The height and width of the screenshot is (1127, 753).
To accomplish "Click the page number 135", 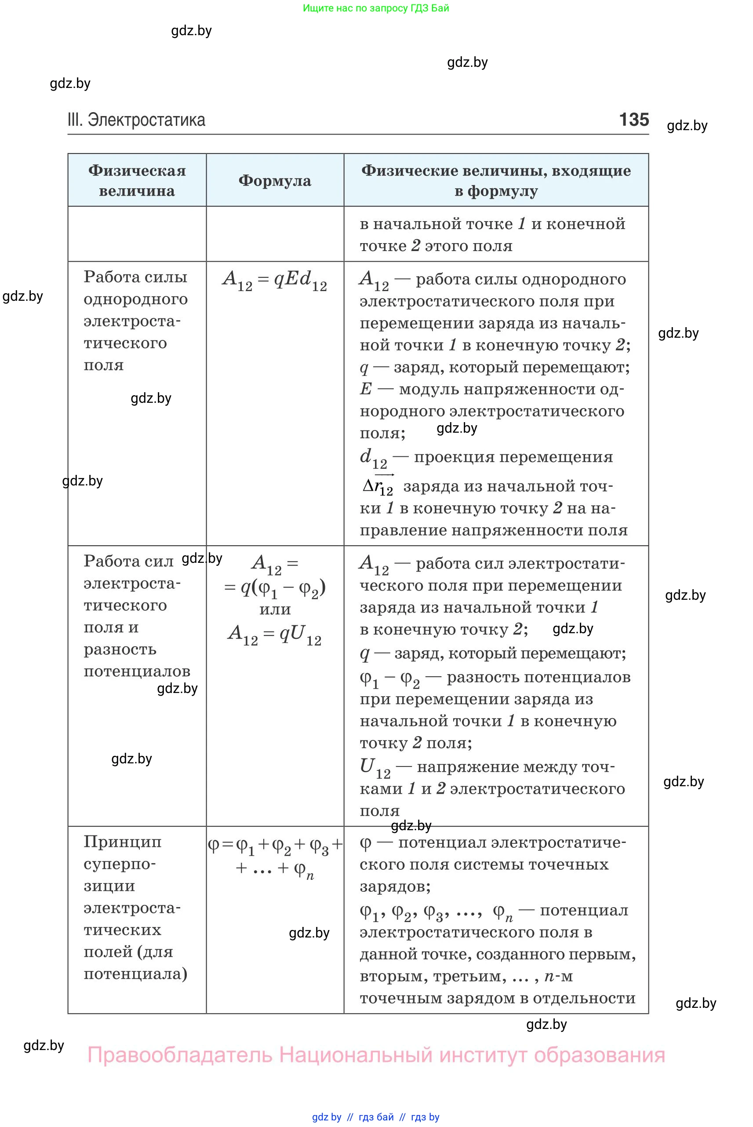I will [634, 119].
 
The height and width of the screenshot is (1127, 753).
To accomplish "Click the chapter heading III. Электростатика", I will [136, 120].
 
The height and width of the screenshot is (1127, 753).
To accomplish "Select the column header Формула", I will [275, 181].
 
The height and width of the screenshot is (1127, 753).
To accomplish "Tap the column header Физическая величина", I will [137, 181].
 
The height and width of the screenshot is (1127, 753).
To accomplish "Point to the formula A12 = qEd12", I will [275, 280].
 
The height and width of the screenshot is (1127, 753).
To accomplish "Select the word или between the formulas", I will [275, 609].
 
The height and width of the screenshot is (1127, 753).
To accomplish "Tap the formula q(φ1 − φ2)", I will [275, 587].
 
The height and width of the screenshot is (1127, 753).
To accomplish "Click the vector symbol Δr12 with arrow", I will [378, 486].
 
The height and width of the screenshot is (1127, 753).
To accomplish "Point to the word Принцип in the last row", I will [123, 841].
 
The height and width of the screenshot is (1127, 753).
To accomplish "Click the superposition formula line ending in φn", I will [275, 868].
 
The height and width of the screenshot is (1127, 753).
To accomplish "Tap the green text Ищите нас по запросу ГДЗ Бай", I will [376, 8].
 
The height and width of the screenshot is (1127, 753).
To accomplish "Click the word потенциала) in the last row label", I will [135, 974].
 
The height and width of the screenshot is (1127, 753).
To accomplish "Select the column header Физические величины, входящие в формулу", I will [496, 181].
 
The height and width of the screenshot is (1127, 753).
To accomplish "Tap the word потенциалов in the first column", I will [137, 671].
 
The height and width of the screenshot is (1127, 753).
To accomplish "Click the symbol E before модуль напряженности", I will [366, 389].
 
